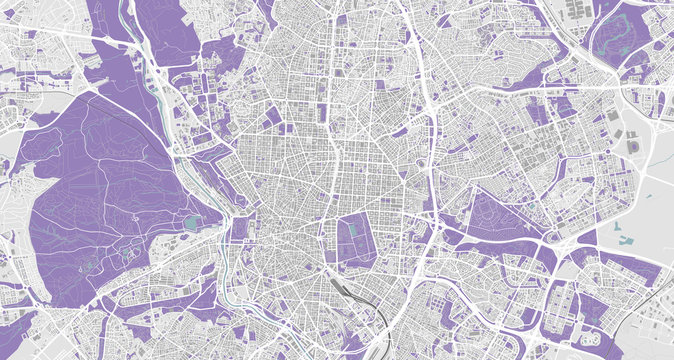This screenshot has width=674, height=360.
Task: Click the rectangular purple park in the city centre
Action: coord(356,241)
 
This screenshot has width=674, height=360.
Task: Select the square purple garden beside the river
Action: coord(238,228)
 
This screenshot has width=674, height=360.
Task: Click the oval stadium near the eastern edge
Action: coord(634,146)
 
